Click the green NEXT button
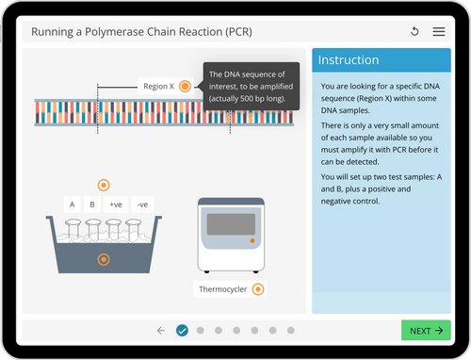(x=426, y=331)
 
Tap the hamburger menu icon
(x=439, y=32)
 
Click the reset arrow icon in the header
(x=415, y=32)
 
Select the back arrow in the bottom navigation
(x=161, y=331)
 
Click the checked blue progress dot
(x=183, y=331)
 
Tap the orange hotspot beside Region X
(x=185, y=86)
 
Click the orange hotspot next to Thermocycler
(x=257, y=288)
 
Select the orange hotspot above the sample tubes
(x=104, y=185)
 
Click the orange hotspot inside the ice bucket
(x=104, y=259)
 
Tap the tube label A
(x=72, y=204)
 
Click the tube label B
(x=92, y=204)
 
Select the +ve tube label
(x=117, y=204)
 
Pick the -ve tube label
(x=141, y=204)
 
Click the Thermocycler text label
(x=222, y=288)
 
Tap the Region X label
(x=158, y=86)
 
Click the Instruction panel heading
(x=349, y=60)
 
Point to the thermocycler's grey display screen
(x=231, y=226)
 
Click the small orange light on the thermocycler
(x=251, y=242)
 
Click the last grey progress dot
(x=291, y=331)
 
